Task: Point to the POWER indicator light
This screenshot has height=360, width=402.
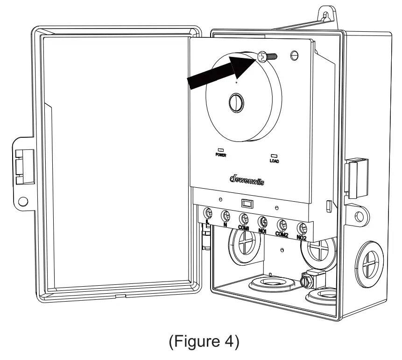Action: tap(220, 150)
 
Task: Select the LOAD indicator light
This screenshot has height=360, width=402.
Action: tap(274, 155)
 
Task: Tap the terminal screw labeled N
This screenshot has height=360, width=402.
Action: tap(226, 215)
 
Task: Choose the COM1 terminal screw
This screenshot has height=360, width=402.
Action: tap(244, 218)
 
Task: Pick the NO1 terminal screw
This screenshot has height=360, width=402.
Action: tap(263, 221)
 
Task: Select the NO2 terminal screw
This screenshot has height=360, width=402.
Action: tap(302, 227)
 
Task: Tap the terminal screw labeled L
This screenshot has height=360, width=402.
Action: tap(209, 213)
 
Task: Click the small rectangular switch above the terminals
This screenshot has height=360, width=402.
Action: tap(247, 203)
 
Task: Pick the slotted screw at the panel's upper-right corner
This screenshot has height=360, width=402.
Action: tap(294, 55)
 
